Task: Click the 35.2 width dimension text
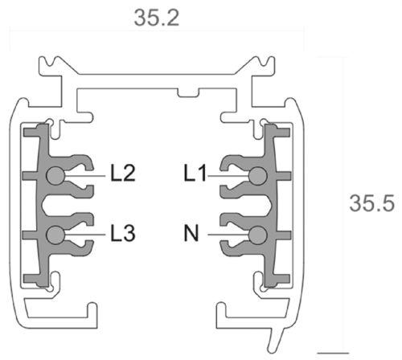click(157, 16)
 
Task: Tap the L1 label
click(195, 173)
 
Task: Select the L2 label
click(123, 173)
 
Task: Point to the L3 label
click(123, 234)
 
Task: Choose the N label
click(192, 234)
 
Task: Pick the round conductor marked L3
click(55, 234)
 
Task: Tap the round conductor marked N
click(257, 234)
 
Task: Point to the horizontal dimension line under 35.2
click(157, 32)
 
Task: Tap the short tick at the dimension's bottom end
click(338, 352)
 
